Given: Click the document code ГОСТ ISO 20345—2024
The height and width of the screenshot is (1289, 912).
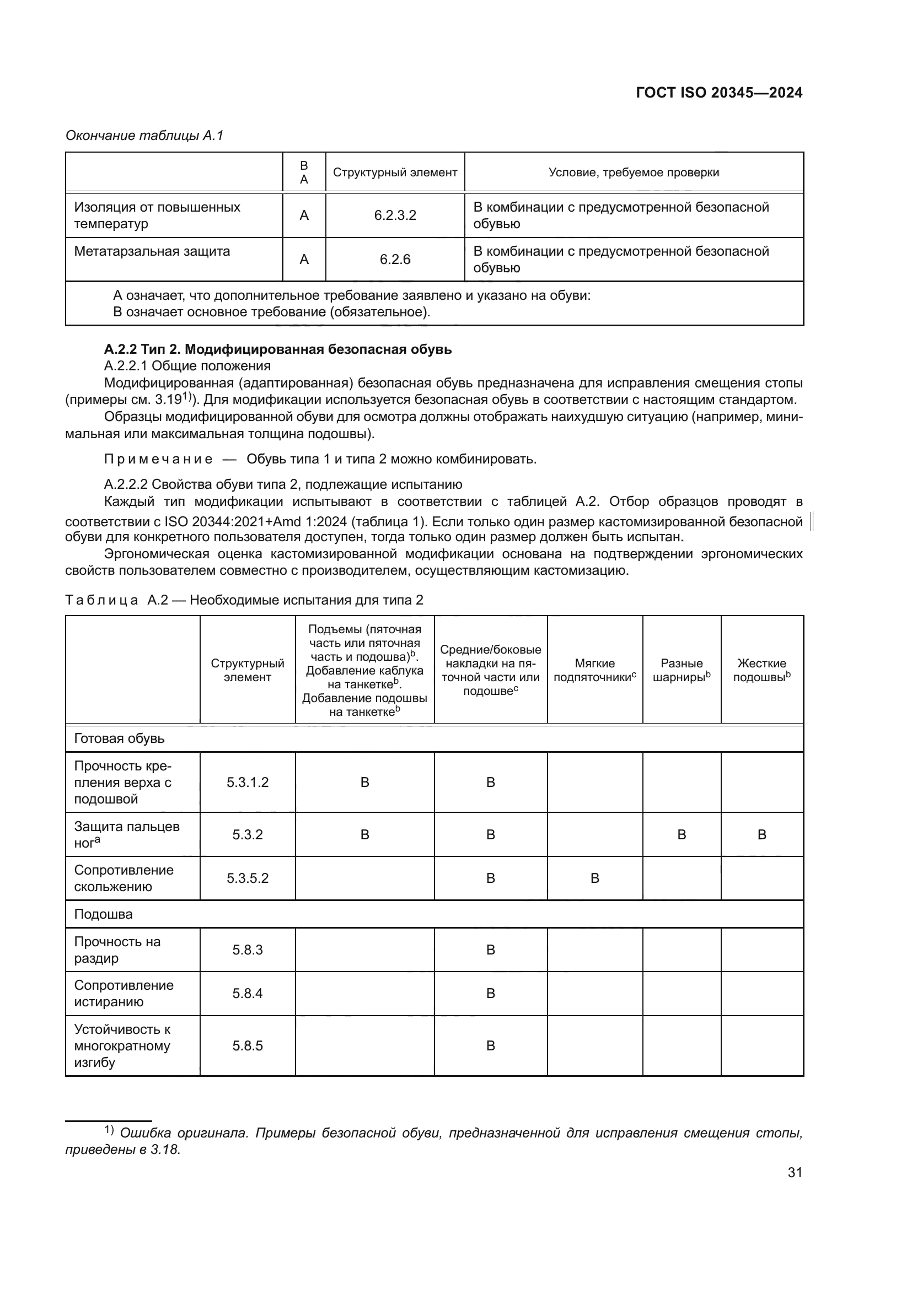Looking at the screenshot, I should coord(719,93).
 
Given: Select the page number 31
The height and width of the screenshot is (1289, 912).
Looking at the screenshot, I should coord(795,1172).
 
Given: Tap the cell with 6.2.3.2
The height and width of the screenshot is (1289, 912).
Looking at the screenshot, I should coord(395,215).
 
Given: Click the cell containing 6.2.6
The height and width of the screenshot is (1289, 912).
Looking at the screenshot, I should coord(395,260).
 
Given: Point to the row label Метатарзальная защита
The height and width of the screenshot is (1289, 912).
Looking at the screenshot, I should coord(152,251).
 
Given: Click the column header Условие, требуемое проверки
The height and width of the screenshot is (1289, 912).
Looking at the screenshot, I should coord(634,172).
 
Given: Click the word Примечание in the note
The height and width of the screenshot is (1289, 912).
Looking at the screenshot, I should coord(158,459).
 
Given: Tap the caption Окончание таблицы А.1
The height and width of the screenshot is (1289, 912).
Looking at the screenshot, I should coord(144,136).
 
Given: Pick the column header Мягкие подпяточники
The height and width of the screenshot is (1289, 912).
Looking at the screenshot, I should coord(595,670).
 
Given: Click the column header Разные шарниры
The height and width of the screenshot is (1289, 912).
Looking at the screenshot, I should coord(681,670).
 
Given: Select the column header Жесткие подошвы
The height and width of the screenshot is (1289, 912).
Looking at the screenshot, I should coord(761,670).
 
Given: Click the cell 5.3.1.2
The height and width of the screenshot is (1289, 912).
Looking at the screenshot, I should coord(248,783).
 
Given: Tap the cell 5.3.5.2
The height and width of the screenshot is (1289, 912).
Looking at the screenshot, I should coord(248,878).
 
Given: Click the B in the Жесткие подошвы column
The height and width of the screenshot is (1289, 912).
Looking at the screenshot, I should coord(761,835).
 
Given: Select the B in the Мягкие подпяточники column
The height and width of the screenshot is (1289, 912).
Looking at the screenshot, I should coord(595,878).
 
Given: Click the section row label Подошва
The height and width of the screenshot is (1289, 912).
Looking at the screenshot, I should coord(103,914).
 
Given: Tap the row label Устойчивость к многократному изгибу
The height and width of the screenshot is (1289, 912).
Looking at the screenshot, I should coord(122,1046).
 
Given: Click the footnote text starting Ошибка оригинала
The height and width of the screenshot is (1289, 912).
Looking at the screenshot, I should coord(432,1133).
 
